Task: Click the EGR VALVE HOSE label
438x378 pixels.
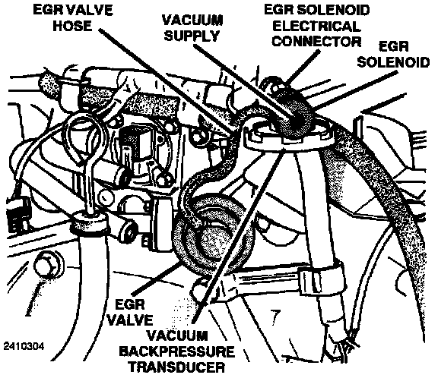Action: [73, 18]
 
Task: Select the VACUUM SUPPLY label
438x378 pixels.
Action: [192, 28]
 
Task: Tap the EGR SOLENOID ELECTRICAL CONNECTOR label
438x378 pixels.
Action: [317, 26]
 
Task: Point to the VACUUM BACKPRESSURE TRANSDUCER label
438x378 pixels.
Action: [177, 351]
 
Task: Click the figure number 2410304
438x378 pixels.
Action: [24, 346]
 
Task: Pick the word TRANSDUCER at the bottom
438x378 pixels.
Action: [177, 367]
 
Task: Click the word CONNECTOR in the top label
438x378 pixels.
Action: [317, 42]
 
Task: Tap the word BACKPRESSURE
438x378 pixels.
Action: [177, 351]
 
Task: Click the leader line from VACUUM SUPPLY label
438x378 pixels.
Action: [243, 82]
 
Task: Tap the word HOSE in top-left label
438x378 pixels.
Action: [72, 26]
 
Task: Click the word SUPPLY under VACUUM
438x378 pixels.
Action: [192, 36]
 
